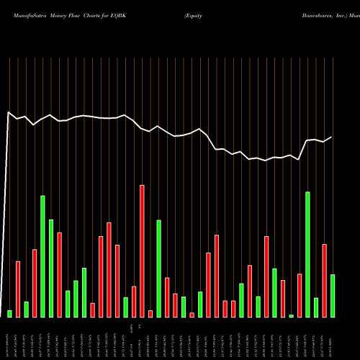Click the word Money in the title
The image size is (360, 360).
60,14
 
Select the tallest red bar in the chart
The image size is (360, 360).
142,251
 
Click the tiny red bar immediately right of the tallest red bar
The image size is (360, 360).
150,313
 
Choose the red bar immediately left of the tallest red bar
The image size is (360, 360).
134,302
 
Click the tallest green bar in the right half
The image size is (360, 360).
307,254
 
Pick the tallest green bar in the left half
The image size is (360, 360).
42,256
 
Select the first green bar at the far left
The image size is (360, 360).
10,313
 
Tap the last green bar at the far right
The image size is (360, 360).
332,295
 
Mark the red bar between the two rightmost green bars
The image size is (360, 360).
324,280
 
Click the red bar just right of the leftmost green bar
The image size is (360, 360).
18,289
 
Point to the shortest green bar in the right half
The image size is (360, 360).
291,315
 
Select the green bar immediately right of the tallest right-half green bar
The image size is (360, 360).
315,307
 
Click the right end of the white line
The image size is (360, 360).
332,137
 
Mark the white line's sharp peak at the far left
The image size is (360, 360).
8,112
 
